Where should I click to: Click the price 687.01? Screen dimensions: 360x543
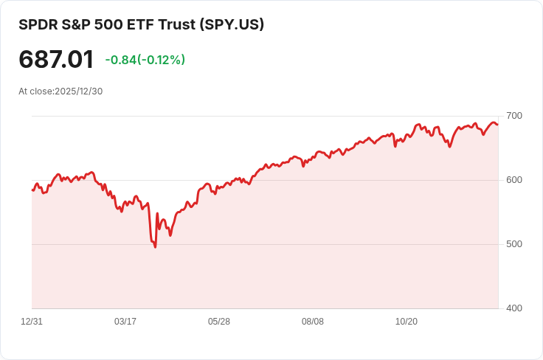pyautogui.click(x=56, y=60)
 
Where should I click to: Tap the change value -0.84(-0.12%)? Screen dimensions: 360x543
pyautogui.click(x=145, y=60)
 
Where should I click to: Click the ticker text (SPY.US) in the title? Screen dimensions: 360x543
pyautogui.click(x=232, y=24)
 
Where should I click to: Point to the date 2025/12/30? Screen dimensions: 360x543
pyautogui.click(x=78, y=91)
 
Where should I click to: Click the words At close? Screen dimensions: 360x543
pyautogui.click(x=35, y=91)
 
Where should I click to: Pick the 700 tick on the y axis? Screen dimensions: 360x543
pyautogui.click(x=514, y=116)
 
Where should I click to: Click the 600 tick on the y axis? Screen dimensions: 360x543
pyautogui.click(x=514, y=180)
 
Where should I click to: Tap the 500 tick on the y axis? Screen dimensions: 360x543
pyautogui.click(x=514, y=244)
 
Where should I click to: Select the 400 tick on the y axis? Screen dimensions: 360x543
pyautogui.click(x=514, y=308)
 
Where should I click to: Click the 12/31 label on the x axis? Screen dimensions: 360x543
pyautogui.click(x=32, y=322)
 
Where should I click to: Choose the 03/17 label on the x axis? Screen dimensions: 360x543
pyautogui.click(x=125, y=322)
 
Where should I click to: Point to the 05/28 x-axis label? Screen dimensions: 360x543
pyautogui.click(x=219, y=322)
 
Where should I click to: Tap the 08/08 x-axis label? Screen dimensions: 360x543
pyautogui.click(x=313, y=322)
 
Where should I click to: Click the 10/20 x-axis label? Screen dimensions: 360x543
pyautogui.click(x=407, y=322)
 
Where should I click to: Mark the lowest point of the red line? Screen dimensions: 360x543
pyautogui.click(x=155, y=247)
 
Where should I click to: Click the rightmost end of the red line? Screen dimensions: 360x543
pyautogui.click(x=497, y=124)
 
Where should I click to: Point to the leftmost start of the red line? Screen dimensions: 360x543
pyautogui.click(x=32, y=190)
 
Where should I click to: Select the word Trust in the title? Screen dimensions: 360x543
pyautogui.click(x=170, y=24)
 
